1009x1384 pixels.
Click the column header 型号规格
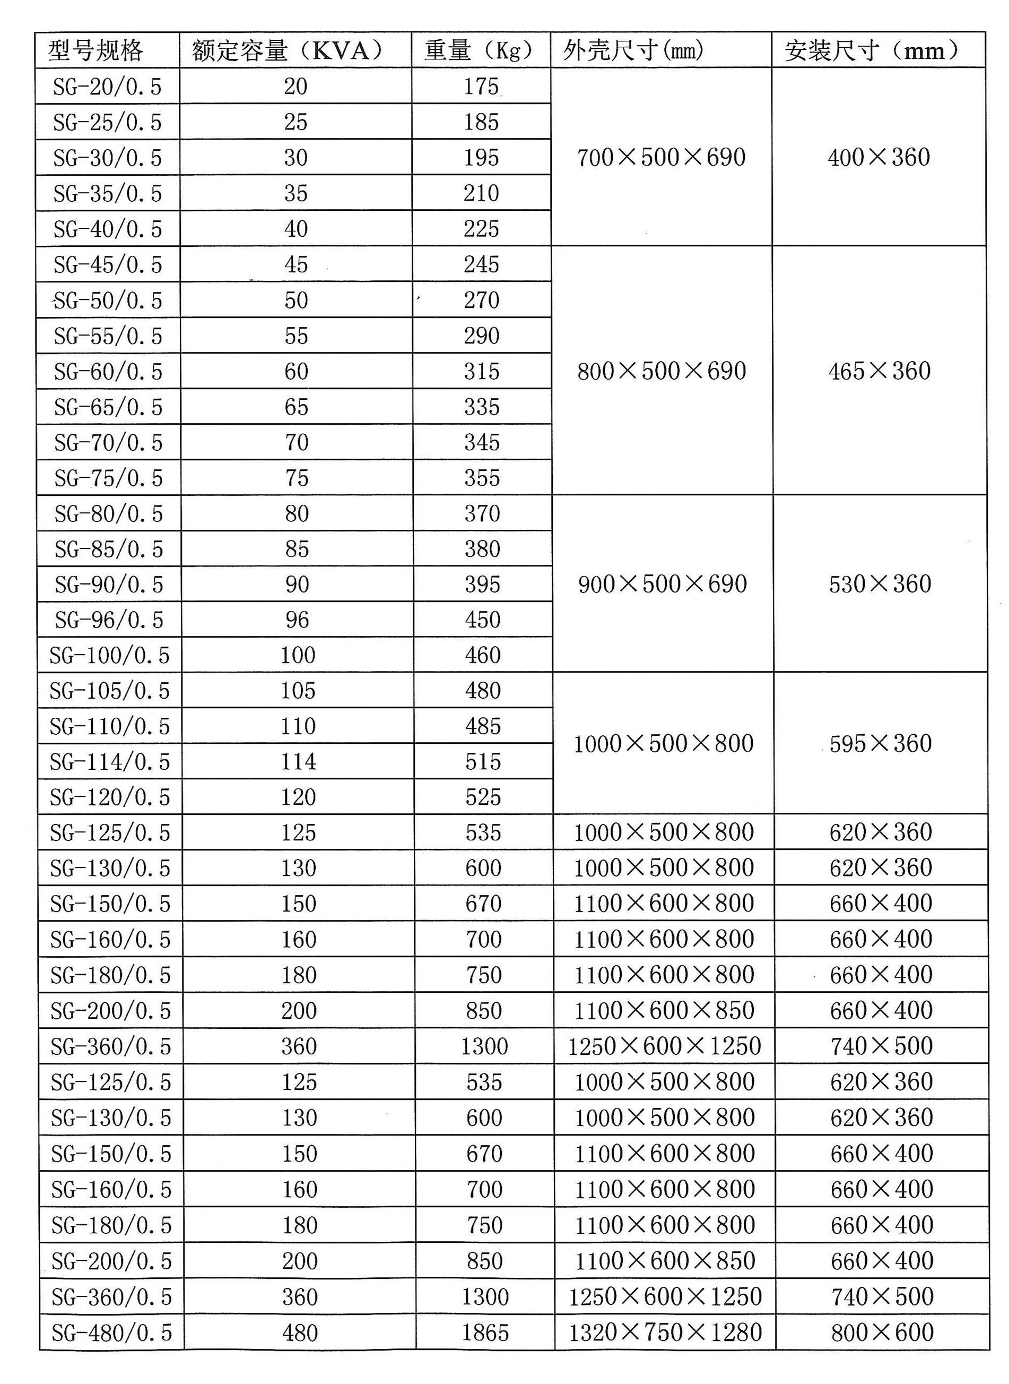[96, 50]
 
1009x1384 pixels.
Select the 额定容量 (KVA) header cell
[287, 50]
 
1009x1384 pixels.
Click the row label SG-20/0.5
[108, 87]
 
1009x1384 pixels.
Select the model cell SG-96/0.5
[109, 620]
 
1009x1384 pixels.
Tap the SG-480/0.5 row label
[112, 1333]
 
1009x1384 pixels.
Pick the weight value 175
[481, 87]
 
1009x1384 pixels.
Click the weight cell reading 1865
[485, 1333]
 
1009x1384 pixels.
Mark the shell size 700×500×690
[662, 158]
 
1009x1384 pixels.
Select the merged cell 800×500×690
[662, 371]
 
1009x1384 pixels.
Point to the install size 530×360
[880, 584]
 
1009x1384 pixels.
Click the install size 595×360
[881, 744]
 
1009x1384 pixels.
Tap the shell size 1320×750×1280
[665, 1333]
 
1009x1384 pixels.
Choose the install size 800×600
[883, 1333]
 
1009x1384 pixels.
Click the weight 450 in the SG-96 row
[483, 620]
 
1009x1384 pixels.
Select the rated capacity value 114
[298, 762]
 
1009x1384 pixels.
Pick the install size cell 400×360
[879, 158]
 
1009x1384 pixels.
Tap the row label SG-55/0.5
[108, 336]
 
